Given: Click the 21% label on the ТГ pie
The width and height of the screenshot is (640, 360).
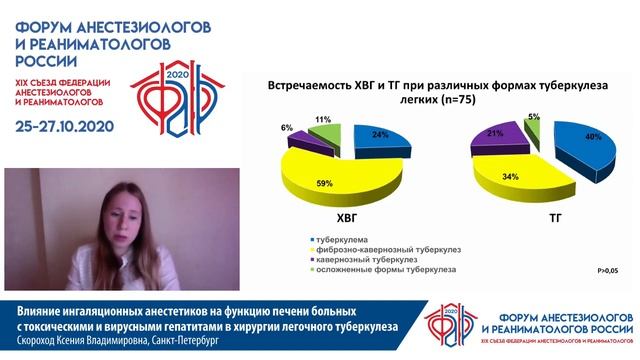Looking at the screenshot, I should (495, 133).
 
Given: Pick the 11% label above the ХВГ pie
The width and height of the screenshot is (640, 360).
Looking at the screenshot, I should (322, 119).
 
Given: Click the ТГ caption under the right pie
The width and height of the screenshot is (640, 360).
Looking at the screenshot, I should (546, 216).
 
